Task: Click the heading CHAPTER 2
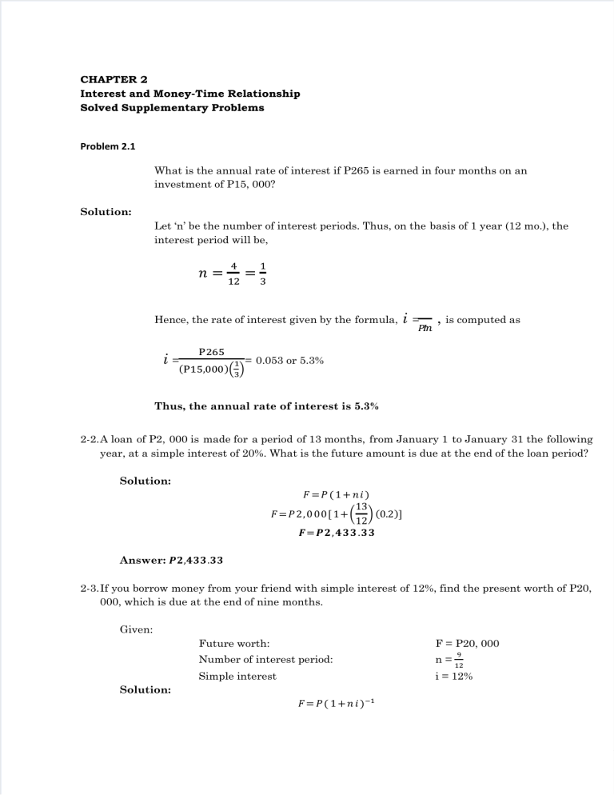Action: coord(114,79)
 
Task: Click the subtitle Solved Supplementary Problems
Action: coord(172,107)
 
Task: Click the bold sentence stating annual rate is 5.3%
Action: coord(266,405)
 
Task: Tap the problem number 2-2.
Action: coord(90,440)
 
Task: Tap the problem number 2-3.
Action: coord(90,589)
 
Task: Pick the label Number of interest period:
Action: coord(265,660)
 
